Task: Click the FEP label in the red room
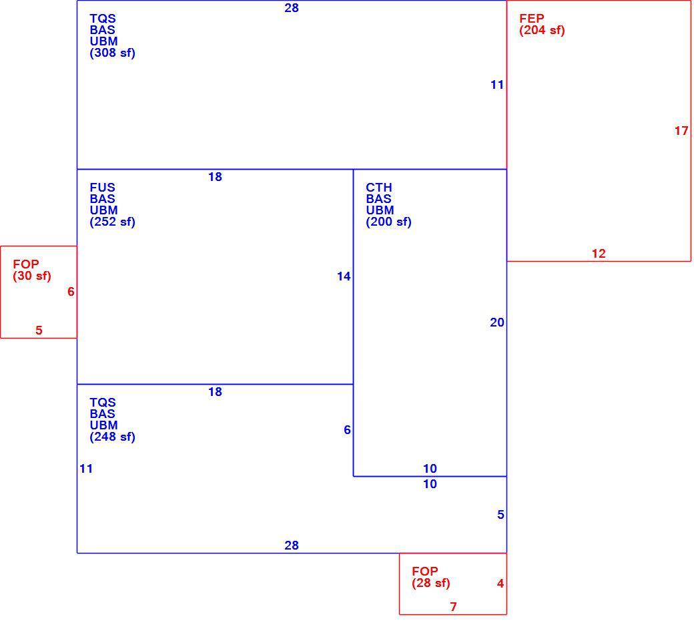pyautogui.click(x=532, y=19)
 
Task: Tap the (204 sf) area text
pyautogui.click(x=542, y=30)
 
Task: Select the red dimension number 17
pyautogui.click(x=681, y=131)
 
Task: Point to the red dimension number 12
pyautogui.click(x=599, y=254)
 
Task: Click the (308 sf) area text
pyautogui.click(x=112, y=53)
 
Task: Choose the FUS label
pyautogui.click(x=102, y=188)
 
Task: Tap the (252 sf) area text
pyautogui.click(x=112, y=222)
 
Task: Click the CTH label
pyautogui.click(x=379, y=188)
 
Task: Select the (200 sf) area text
pyautogui.click(x=388, y=222)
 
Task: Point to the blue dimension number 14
pyautogui.click(x=344, y=276)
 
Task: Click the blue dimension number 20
pyautogui.click(x=497, y=323)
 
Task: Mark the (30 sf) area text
pyautogui.click(x=32, y=276)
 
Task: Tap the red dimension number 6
pyautogui.click(x=71, y=291)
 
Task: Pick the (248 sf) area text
pyautogui.click(x=112, y=437)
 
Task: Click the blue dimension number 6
pyautogui.click(x=348, y=429)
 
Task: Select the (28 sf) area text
pyautogui.click(x=431, y=583)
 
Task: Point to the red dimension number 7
pyautogui.click(x=453, y=607)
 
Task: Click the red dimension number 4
pyautogui.click(x=500, y=584)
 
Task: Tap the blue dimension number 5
pyautogui.click(x=500, y=515)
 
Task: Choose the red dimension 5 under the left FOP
pyautogui.click(x=39, y=330)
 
